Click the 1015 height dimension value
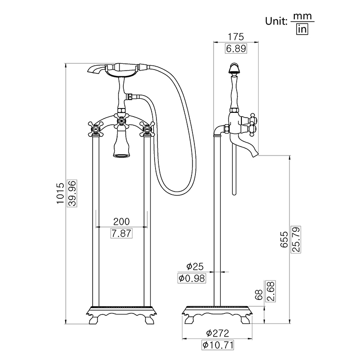point(60,193)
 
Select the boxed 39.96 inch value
point(72,193)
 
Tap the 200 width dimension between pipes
point(121,222)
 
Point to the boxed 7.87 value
point(121,233)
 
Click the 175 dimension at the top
point(236,37)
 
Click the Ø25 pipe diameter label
point(195,266)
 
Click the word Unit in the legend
point(276,22)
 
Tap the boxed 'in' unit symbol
point(302,29)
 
